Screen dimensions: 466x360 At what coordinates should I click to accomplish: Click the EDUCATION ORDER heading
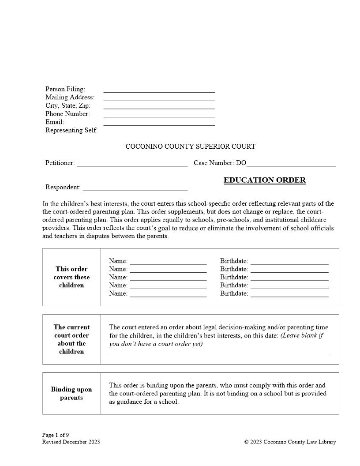(264, 180)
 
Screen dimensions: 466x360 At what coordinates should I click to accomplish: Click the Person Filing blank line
(159, 90)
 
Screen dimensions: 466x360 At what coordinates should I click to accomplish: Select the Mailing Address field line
(159, 98)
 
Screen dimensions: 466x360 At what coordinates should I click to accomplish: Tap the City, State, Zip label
(68, 105)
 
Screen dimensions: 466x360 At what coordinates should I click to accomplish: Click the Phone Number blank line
(159, 115)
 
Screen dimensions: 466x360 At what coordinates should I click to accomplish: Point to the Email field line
(159, 123)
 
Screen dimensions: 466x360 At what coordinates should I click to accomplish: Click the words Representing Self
(71, 130)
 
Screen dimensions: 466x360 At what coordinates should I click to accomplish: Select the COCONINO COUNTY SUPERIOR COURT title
(190, 147)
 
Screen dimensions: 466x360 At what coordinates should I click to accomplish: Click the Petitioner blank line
(132, 164)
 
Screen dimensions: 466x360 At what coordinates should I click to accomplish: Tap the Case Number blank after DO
(291, 164)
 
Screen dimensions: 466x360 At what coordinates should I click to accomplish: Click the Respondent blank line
(135, 188)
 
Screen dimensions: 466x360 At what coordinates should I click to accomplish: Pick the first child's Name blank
(168, 262)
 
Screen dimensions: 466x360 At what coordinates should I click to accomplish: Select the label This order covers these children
(71, 277)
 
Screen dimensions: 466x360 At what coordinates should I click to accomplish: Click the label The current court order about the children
(71, 339)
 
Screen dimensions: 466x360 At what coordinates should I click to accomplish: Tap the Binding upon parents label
(71, 393)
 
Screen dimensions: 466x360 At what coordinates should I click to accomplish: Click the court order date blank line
(218, 353)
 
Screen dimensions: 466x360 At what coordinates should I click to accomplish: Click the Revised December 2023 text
(71, 442)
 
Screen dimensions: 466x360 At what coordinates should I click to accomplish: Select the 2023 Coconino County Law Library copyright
(290, 442)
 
